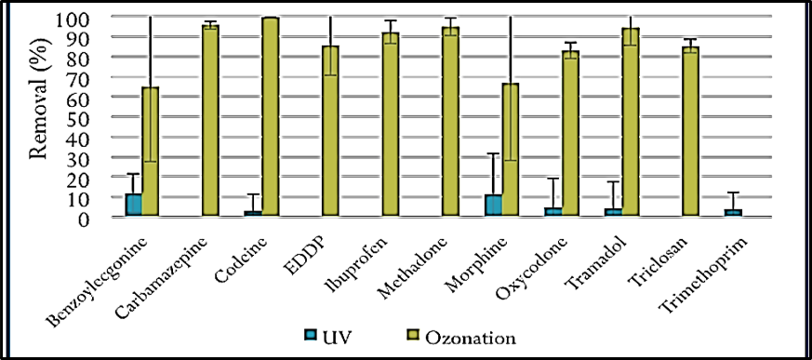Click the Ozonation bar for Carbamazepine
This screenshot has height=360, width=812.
[x=210, y=120]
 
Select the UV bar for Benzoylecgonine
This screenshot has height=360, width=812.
[x=134, y=205]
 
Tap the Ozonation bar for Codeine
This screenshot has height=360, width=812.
[x=271, y=116]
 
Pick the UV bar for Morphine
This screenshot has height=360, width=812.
[x=493, y=206]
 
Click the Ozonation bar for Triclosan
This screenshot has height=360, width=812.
[x=690, y=131]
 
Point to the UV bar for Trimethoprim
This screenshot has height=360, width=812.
[x=733, y=212]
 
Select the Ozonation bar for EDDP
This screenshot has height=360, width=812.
[x=330, y=130]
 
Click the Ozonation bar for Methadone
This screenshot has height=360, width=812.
[x=450, y=122]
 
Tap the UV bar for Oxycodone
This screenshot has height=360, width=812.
[x=553, y=212]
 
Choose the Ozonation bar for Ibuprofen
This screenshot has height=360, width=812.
[x=391, y=125]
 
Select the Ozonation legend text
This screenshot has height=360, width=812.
[x=471, y=338]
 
